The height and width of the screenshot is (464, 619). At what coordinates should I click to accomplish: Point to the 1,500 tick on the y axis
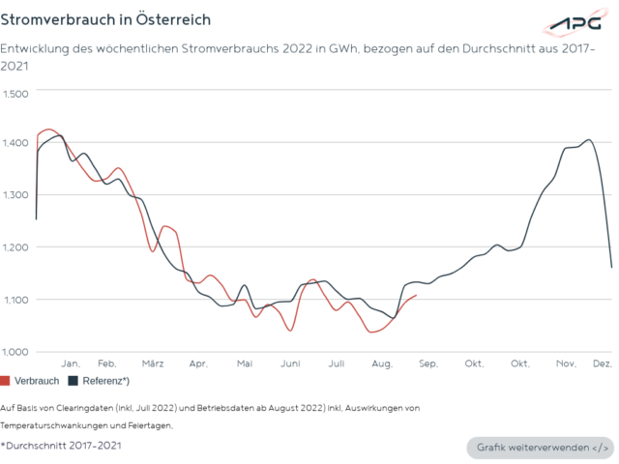click(16, 93)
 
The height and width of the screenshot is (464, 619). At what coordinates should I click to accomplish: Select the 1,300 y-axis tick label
click(16, 195)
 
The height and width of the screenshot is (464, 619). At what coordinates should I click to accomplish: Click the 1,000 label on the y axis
click(16, 351)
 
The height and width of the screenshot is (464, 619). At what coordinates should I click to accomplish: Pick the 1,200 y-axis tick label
click(16, 247)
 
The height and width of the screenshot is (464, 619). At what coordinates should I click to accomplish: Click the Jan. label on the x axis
click(71, 363)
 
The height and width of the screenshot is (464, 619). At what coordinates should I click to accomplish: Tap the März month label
click(152, 363)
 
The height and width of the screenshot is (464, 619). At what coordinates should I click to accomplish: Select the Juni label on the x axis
click(290, 363)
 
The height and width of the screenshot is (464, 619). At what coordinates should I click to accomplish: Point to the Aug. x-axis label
click(382, 363)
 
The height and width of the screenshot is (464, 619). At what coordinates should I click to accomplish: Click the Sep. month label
click(428, 363)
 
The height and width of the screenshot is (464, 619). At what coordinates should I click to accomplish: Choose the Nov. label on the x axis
click(566, 363)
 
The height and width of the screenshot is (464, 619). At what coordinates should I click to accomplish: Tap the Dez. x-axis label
click(602, 363)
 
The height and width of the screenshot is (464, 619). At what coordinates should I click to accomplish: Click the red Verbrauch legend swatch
click(6, 381)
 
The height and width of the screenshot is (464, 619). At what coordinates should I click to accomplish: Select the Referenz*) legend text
click(106, 381)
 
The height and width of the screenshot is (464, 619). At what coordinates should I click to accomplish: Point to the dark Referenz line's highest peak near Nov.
click(588, 139)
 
